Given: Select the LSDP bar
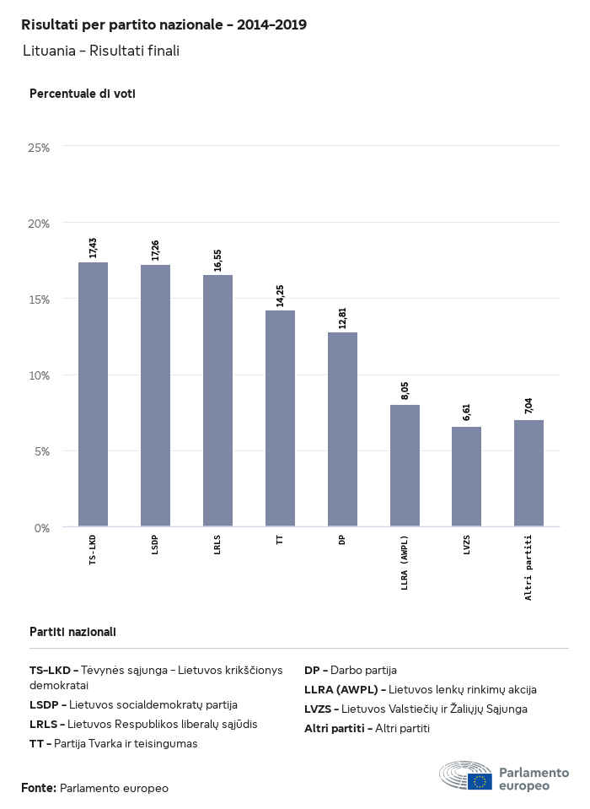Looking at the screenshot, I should tap(155, 396).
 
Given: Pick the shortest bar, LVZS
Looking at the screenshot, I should tap(466, 477).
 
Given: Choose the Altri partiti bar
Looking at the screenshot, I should tap(528, 473).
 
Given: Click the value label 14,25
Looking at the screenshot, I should tap(280, 295).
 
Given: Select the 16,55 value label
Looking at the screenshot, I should tap(217, 260).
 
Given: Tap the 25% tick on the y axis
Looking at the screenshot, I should tap(40, 148).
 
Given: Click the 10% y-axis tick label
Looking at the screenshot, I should tap(40, 375).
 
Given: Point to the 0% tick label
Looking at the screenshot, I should tap(43, 528).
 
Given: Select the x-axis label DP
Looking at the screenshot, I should tap(342, 540).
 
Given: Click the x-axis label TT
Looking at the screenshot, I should tap(280, 540).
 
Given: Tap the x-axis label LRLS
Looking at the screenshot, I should tap(217, 545).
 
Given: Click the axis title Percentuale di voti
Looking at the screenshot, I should tap(83, 94).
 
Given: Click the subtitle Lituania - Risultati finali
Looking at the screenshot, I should tap(101, 51).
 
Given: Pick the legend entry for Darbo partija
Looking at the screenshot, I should tap(351, 671).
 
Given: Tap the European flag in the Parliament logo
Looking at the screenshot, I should tap(481, 781).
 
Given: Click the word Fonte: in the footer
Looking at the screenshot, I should tap(39, 788).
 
